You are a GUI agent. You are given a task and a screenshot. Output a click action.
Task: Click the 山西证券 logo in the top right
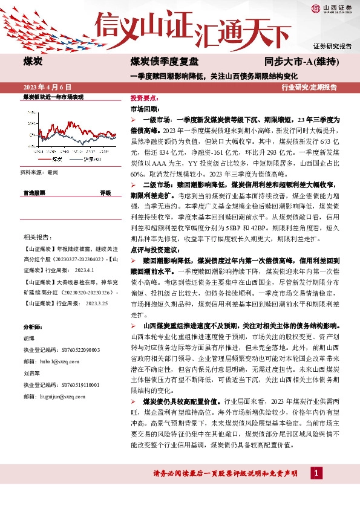click(332, 9)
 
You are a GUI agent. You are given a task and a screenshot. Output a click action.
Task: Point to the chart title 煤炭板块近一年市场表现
click(53, 97)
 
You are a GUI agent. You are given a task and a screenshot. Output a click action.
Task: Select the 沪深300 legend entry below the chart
click(92, 160)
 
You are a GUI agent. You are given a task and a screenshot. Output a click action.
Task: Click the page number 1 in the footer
click(316, 472)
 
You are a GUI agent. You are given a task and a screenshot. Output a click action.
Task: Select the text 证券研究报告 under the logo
click(332, 46)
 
